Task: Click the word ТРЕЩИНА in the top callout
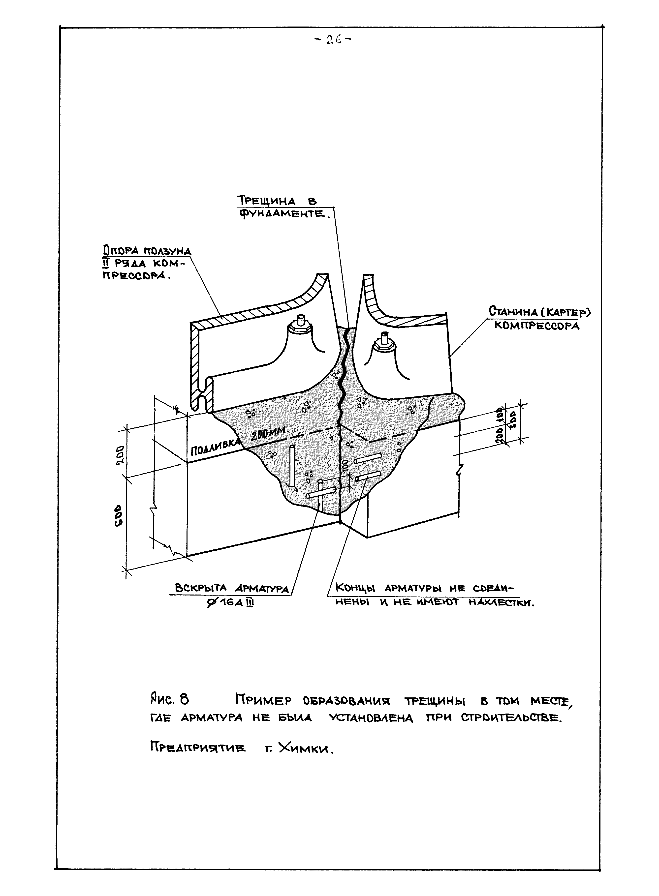(266, 201)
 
